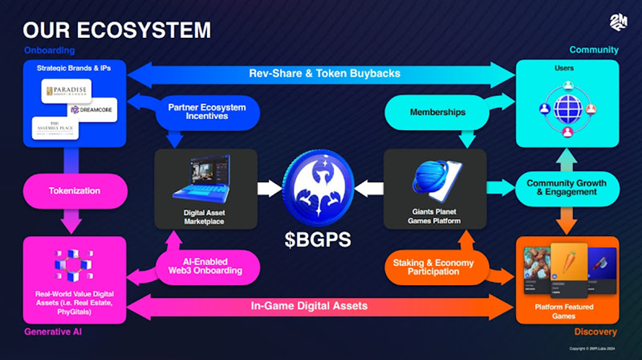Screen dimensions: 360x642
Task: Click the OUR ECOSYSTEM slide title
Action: [117, 30]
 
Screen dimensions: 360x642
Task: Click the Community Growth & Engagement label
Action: [566, 188]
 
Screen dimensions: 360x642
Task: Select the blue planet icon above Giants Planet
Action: [433, 177]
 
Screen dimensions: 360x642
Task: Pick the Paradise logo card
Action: [66, 91]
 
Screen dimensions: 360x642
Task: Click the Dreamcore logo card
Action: [92, 109]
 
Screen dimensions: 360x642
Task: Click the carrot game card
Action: [569, 269]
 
